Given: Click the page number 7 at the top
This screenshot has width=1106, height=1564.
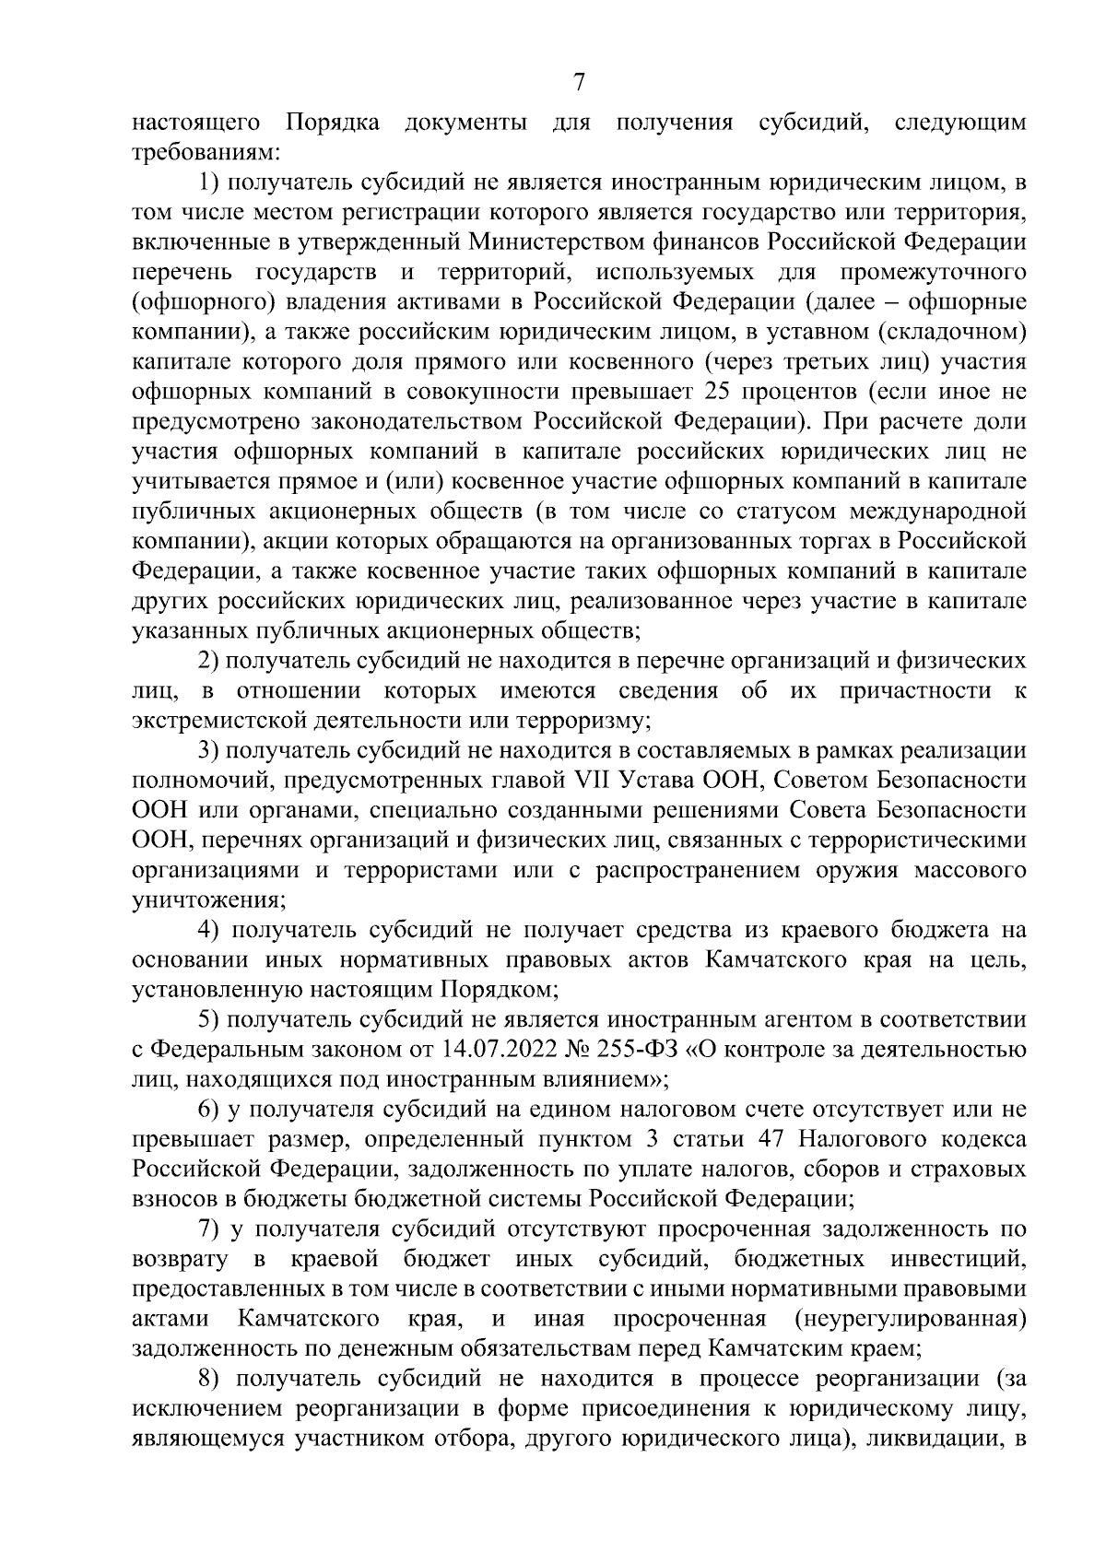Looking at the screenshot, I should point(579,84).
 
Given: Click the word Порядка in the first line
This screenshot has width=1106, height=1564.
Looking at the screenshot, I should point(333,123).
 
